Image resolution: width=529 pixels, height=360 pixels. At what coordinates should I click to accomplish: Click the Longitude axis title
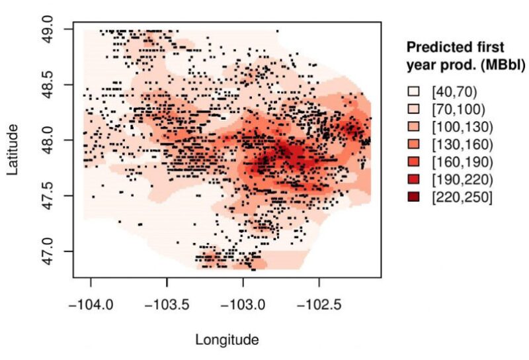[227, 340]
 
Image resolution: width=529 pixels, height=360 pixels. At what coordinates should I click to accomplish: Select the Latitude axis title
[14, 152]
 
